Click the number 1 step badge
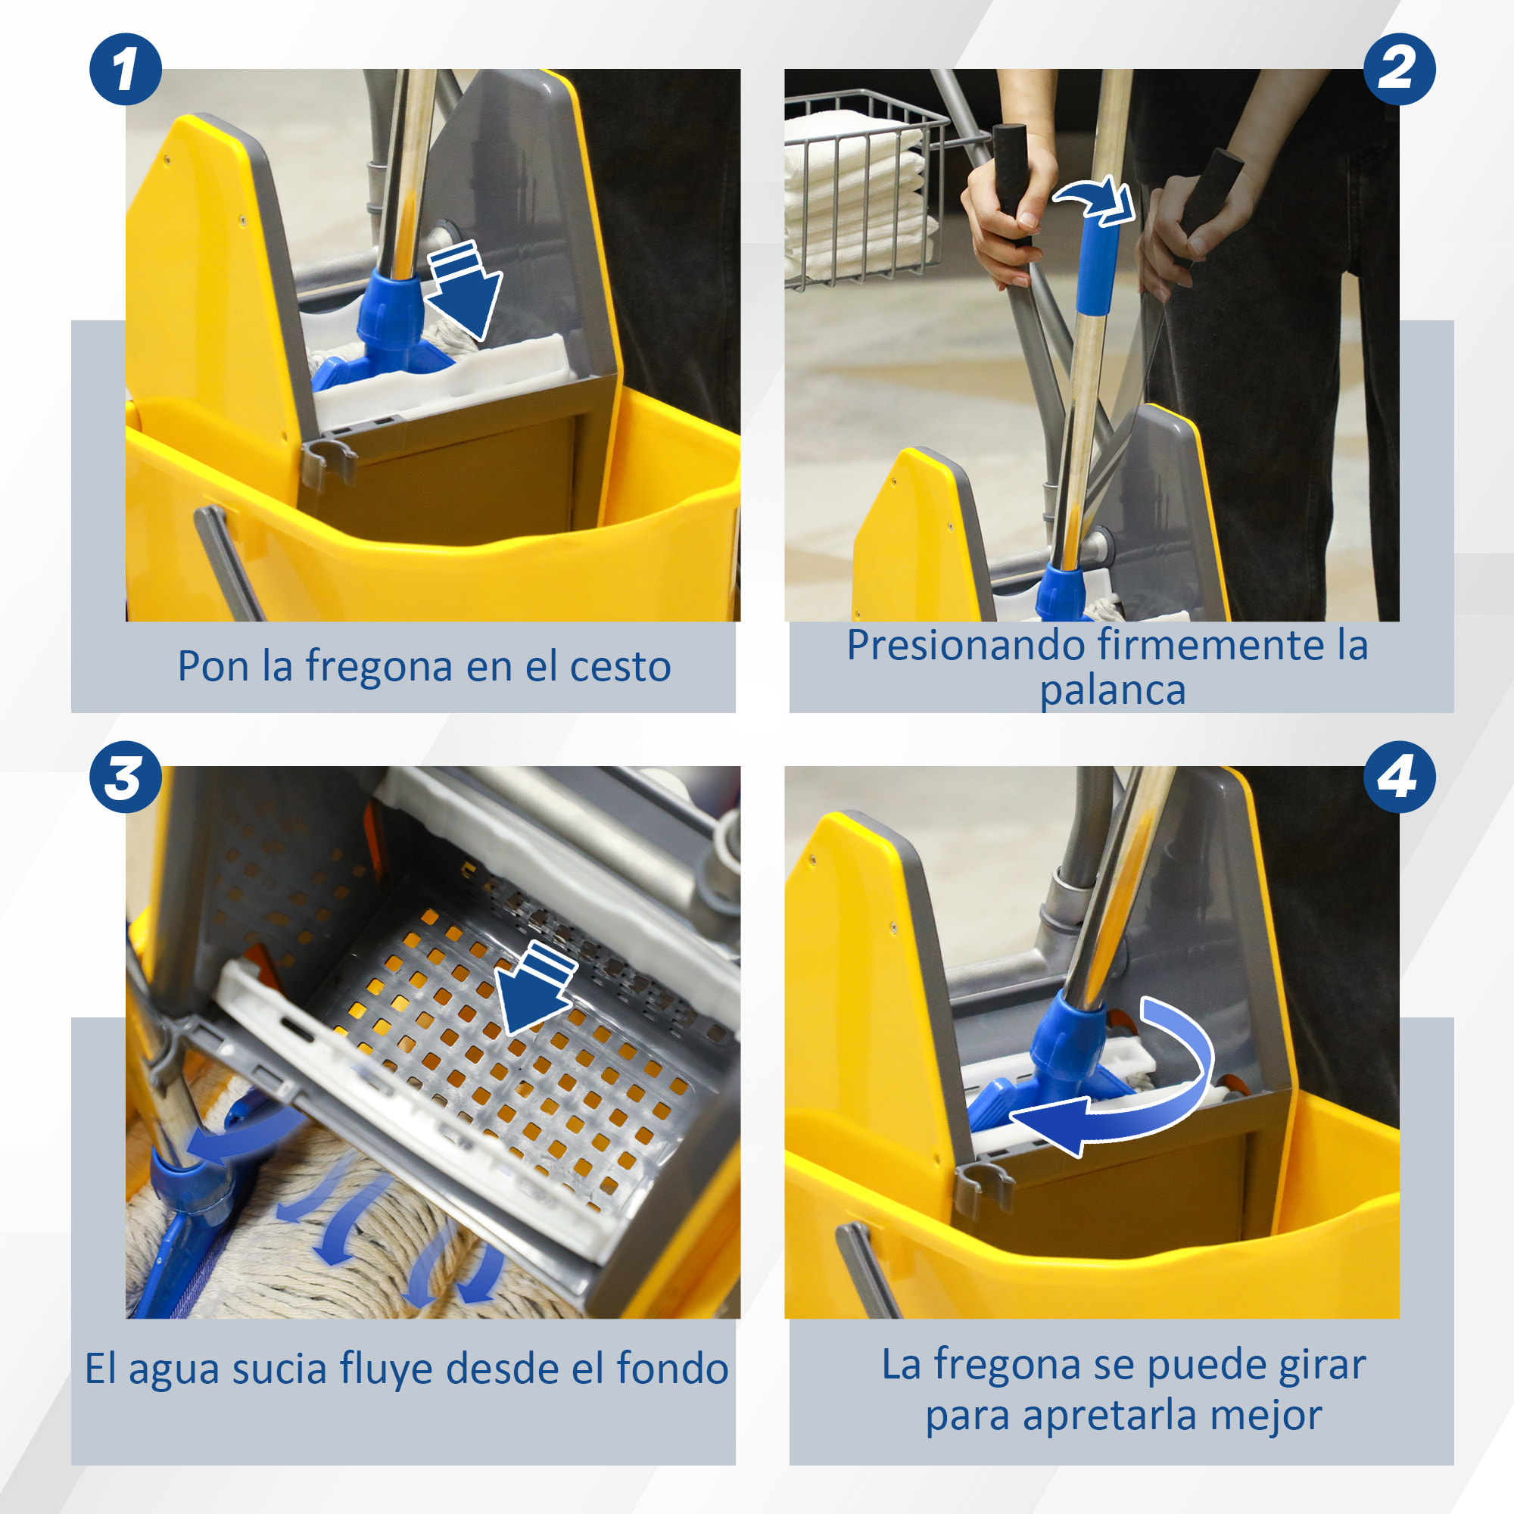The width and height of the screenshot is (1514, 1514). click(126, 69)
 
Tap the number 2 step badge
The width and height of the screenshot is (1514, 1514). click(1400, 69)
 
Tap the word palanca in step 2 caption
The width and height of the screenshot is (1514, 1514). click(1112, 691)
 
